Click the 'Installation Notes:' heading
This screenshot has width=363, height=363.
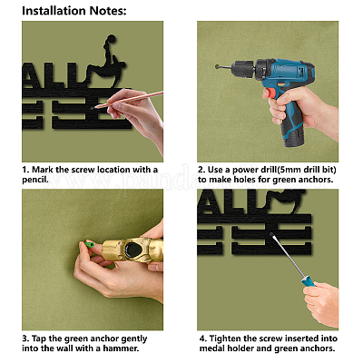[x=74, y=11]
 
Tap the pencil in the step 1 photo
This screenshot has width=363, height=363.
[x=129, y=99]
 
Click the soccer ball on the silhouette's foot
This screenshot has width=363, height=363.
[x=111, y=39]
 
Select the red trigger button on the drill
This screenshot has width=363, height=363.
[x=271, y=93]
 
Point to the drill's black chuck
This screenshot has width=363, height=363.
[x=243, y=68]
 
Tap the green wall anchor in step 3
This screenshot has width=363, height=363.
[x=89, y=244]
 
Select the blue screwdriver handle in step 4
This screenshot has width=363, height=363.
[x=308, y=280]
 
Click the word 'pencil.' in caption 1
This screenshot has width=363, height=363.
[x=35, y=180]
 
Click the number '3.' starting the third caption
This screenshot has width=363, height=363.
[x=25, y=338]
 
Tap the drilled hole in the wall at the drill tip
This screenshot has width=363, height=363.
[x=217, y=66]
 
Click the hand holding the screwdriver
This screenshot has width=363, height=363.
[x=321, y=303]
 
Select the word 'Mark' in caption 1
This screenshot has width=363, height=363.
[x=42, y=170]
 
